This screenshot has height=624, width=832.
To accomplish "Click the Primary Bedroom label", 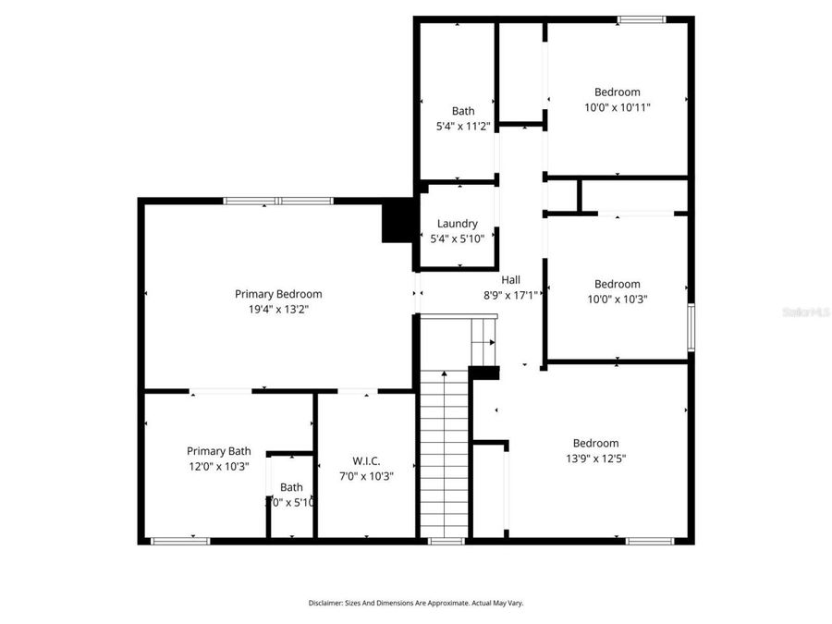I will click(278, 294).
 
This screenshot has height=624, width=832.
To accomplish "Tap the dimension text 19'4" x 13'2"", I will click(278, 310).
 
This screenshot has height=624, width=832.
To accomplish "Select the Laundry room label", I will click(458, 224).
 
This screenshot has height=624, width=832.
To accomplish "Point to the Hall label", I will click(510, 280).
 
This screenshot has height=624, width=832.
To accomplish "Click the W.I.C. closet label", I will click(366, 461).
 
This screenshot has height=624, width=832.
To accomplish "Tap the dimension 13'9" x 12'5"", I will click(595, 459).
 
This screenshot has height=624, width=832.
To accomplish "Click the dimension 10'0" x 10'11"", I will click(618, 107).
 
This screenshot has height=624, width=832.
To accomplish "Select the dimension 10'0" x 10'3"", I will click(617, 300).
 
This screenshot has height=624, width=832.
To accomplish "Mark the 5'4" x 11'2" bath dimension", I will click(463, 127).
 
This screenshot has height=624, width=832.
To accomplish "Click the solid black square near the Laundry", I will click(398, 222).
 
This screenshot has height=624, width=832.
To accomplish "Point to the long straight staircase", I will click(445, 453).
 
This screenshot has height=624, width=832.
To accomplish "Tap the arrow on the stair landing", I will click(490, 341).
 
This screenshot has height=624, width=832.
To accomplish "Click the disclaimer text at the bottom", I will click(416, 603).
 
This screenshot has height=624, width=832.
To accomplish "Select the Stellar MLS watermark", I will click(806, 313).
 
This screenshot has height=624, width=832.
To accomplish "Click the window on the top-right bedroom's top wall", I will click(642, 19).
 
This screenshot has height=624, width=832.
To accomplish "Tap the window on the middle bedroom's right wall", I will click(691, 328).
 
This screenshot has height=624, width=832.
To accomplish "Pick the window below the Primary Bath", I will click(180, 541).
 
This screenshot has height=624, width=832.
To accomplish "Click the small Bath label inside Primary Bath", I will click(291, 487).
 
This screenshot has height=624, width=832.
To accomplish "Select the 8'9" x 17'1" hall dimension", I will click(510, 296).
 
